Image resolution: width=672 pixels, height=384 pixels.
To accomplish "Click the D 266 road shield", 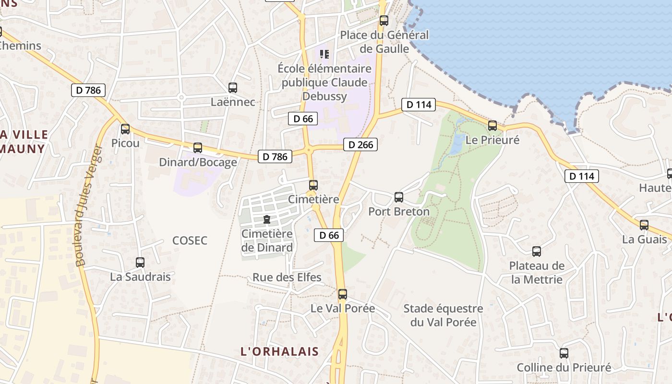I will (360, 144).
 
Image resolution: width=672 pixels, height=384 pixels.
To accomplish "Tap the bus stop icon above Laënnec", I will (233, 88).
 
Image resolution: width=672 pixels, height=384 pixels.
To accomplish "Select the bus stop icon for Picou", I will (125, 129).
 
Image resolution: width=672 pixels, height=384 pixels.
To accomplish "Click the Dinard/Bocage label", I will (198, 162).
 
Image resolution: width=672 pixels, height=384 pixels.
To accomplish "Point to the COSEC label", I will (190, 240).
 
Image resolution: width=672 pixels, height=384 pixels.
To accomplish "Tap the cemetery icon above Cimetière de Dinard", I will (267, 220).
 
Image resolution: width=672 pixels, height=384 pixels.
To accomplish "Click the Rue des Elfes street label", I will (287, 277).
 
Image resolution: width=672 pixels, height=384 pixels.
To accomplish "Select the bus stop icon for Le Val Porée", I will (342, 294).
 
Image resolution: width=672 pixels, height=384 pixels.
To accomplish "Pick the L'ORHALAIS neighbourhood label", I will (279, 351).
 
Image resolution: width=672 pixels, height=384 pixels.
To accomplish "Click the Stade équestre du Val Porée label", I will (443, 315).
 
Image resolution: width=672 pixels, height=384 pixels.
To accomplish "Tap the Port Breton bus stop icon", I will (398, 197).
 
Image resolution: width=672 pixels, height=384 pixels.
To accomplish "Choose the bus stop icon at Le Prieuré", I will (492, 126).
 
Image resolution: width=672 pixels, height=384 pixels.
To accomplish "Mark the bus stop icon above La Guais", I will (644, 225).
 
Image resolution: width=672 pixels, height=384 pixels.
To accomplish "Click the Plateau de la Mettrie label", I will (537, 273).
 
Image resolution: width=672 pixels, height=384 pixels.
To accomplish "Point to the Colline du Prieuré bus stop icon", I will (564, 353).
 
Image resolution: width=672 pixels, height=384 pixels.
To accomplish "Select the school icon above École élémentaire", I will (324, 54).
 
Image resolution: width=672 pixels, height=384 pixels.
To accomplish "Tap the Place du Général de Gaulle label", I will (384, 42).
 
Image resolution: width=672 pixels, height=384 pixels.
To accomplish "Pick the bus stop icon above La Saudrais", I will (140, 263).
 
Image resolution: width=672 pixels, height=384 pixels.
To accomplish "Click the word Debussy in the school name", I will (324, 96).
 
